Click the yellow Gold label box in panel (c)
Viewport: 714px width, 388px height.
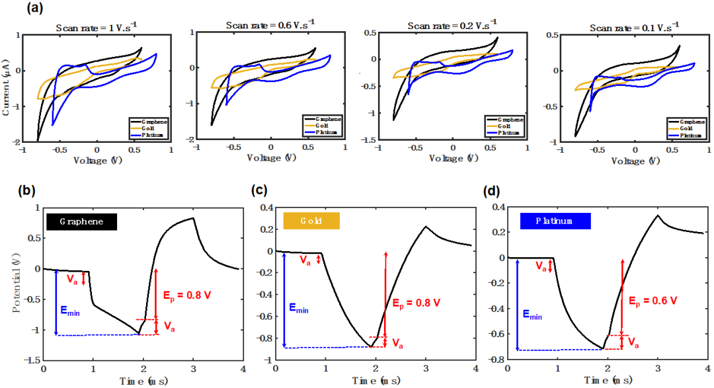tap(311, 221)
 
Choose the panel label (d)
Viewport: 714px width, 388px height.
tap(493, 192)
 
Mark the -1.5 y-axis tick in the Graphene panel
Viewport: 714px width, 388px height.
tap(30, 360)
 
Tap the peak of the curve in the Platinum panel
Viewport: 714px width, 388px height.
tap(657, 215)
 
